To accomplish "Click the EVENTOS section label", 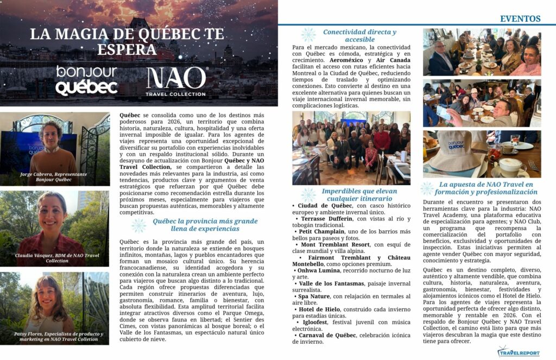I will [x=520, y=19].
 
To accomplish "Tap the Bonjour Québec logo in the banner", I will [x=86, y=80].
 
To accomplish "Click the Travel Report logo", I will [x=519, y=352].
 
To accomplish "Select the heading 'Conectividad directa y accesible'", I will [x=359, y=35].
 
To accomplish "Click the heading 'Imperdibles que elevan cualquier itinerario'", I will [x=359, y=195].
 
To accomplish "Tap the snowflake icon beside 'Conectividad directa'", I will [x=308, y=35].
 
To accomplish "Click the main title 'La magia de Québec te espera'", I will [x=127, y=41].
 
